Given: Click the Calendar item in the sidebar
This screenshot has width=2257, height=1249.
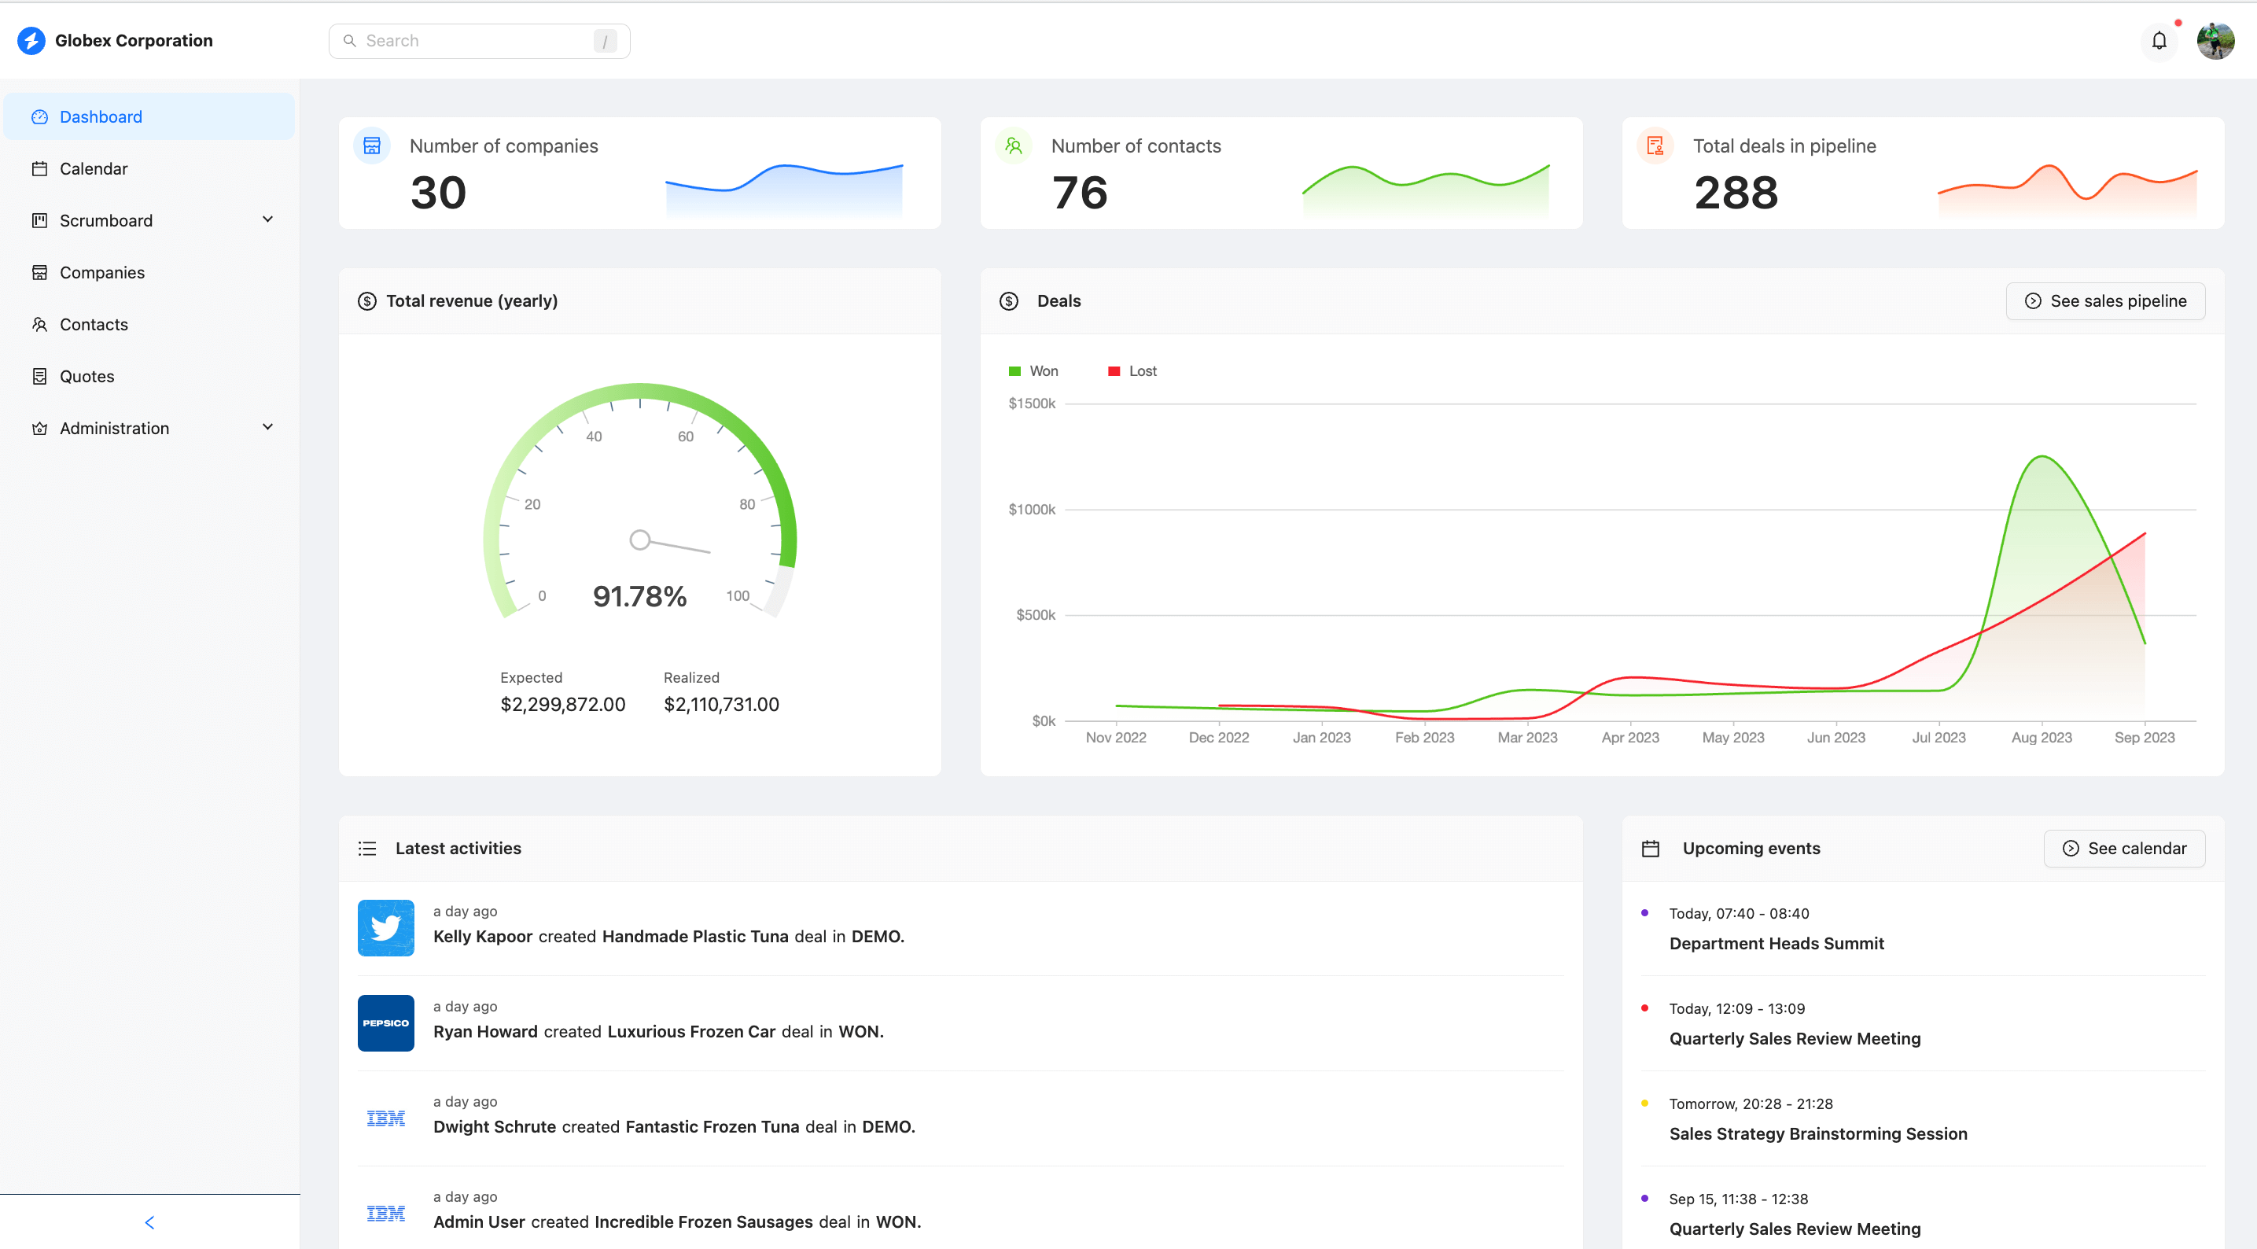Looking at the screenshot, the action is point(93,168).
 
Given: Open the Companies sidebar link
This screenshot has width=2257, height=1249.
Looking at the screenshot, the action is point(101,273).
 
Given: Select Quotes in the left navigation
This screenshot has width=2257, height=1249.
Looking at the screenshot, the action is point(87,376).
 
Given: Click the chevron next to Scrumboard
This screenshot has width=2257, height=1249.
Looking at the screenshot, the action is point(268,219).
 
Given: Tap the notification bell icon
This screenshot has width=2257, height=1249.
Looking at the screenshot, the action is point(2159,40).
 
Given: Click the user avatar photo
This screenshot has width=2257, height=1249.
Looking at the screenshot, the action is point(2215,40).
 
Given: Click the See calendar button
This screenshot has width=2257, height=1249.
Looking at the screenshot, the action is point(2124,848).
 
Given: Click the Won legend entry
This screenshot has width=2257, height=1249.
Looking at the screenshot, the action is point(1034,370).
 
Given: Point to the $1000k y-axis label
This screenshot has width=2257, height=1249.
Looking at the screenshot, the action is point(1031,509).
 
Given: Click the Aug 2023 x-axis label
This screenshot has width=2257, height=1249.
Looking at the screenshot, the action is point(2042,737).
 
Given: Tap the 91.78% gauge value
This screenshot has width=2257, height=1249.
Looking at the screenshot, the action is point(639,596).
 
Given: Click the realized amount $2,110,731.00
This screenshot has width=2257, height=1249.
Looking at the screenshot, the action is point(721,704).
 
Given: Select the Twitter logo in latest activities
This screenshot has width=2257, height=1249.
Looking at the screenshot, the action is point(385,927).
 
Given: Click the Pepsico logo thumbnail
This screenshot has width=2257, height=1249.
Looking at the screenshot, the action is point(385,1022).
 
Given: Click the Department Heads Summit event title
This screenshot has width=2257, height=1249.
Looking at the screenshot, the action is point(1776,943).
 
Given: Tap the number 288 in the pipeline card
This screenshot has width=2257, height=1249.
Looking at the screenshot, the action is point(1736,192).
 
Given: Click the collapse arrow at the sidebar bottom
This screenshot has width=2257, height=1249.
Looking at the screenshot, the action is point(149,1221).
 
